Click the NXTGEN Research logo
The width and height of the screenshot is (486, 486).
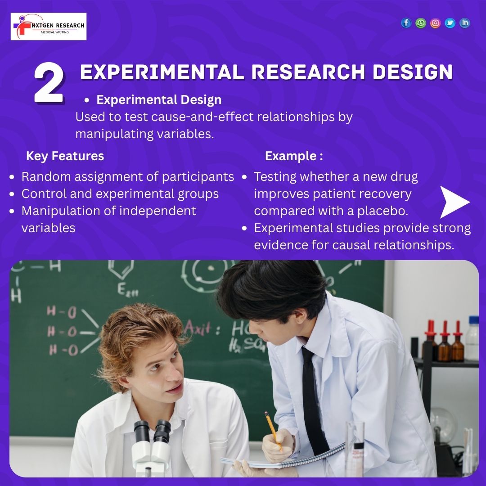[x=49, y=27]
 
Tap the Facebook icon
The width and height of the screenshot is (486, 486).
[x=406, y=23]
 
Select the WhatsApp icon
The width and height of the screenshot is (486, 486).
[x=421, y=23]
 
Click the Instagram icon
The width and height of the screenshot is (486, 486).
[x=435, y=23]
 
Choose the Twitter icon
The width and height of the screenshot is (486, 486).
[x=450, y=23]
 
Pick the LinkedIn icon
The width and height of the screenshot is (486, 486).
[x=465, y=23]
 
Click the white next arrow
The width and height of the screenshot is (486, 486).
[x=454, y=202]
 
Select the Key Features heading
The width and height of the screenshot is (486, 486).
[x=65, y=156]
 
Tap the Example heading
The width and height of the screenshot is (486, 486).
[x=293, y=156]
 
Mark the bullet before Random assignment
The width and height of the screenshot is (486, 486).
[x=13, y=177]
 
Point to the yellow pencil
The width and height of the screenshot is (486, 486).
[x=273, y=430]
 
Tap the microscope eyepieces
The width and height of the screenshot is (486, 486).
[x=152, y=429]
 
